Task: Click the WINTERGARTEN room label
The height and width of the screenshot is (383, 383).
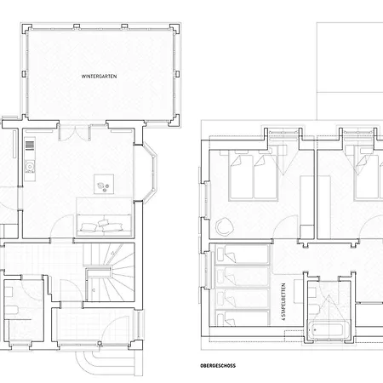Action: click(99, 77)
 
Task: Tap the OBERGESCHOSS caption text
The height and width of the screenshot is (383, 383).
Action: click(218, 366)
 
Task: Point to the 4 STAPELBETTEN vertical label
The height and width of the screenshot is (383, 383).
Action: click(283, 301)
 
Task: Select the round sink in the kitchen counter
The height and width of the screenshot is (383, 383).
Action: click(29, 166)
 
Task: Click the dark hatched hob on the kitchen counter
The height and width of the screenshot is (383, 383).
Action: click(30, 146)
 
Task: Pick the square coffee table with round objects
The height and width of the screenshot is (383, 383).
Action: click(104, 184)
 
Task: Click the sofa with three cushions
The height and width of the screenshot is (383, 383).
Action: click(104, 225)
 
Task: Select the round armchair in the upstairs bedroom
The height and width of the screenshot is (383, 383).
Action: click(224, 226)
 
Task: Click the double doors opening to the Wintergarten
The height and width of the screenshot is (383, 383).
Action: click(75, 133)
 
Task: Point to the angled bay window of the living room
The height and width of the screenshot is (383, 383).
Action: click(149, 173)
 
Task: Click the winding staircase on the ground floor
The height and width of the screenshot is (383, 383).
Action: click(109, 272)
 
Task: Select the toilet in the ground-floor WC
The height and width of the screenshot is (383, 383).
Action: click(11, 311)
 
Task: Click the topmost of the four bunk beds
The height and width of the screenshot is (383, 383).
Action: click(242, 254)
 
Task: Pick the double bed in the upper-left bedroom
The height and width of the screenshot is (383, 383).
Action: click(253, 176)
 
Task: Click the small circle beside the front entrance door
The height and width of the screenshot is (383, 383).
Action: click(100, 344)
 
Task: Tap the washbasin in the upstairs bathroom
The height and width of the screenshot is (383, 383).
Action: click(312, 293)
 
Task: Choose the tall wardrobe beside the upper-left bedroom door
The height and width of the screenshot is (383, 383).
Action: click(307, 208)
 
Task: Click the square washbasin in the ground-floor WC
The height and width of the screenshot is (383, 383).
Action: click(9, 292)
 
